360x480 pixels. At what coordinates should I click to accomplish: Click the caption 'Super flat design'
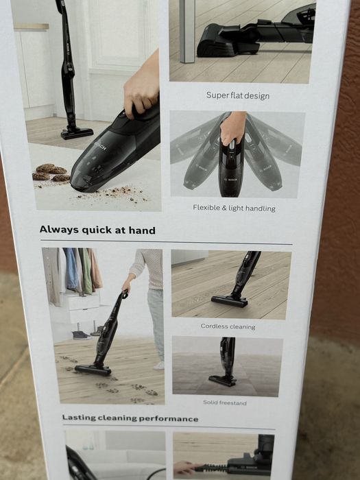click(238, 95)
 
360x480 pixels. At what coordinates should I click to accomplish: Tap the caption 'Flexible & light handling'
click(235, 208)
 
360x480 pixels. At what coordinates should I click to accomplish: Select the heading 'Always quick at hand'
click(97, 230)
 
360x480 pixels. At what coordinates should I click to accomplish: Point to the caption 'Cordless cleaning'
click(228, 326)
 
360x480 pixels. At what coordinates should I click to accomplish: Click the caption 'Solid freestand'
click(225, 403)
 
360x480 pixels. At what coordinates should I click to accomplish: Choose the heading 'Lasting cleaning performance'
click(130, 418)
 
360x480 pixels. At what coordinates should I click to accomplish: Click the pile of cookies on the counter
click(51, 173)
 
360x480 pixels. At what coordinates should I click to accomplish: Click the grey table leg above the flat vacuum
click(187, 31)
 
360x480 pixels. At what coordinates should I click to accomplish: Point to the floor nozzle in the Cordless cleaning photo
click(230, 301)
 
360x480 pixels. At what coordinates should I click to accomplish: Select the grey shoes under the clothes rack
click(82, 335)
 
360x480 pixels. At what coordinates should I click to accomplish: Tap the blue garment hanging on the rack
click(71, 269)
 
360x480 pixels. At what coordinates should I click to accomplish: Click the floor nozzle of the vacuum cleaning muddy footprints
click(93, 370)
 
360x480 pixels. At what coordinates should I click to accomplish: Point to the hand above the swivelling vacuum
click(233, 129)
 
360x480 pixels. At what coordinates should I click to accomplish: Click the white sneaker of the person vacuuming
click(159, 365)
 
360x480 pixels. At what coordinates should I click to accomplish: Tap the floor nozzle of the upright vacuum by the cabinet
click(77, 134)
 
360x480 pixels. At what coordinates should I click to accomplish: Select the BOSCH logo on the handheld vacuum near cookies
click(101, 145)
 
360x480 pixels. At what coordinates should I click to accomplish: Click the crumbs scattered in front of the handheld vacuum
click(113, 194)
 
